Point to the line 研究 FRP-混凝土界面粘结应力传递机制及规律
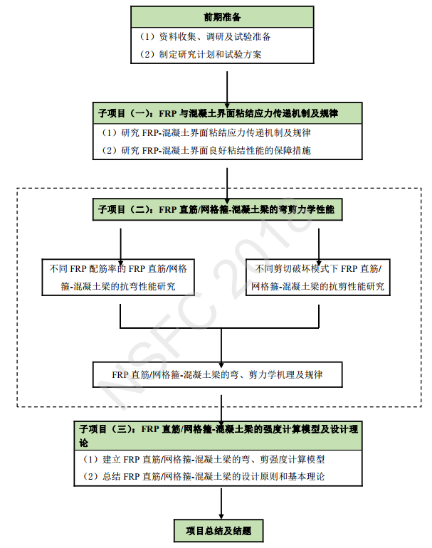click(206, 133)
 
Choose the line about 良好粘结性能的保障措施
click(206, 150)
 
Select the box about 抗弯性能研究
click(120, 278)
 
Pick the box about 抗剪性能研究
click(318, 278)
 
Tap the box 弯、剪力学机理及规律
click(217, 373)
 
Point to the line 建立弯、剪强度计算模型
click(204, 460)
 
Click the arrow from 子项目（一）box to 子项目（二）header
click(227, 181)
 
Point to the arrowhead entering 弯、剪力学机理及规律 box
click(223, 359)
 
